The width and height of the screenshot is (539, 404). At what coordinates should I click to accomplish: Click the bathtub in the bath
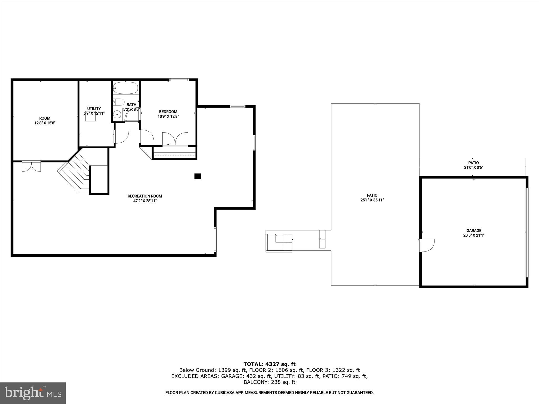click(x=125, y=88)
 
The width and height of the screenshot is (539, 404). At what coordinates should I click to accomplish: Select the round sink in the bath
click(x=117, y=115)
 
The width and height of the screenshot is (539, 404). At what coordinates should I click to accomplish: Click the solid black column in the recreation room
click(x=198, y=176)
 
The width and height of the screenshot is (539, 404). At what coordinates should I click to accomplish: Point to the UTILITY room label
click(x=94, y=109)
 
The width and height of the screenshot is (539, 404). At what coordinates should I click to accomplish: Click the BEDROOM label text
click(x=168, y=112)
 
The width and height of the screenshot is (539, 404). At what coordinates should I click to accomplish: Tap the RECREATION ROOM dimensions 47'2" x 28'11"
click(x=145, y=201)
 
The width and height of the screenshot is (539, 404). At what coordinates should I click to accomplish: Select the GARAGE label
click(x=474, y=231)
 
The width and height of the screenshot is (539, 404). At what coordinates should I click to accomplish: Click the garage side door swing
click(x=427, y=245)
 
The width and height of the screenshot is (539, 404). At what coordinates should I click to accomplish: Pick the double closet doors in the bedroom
click(x=175, y=139)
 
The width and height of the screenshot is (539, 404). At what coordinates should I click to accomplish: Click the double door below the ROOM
click(x=31, y=166)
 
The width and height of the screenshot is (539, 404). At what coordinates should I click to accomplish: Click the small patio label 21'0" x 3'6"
click(x=473, y=167)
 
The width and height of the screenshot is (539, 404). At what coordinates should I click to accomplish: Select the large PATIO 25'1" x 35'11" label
click(x=372, y=198)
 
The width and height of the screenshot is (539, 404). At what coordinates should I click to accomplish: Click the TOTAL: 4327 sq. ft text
click(x=269, y=364)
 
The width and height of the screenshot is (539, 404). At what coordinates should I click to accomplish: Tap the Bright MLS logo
click(x=33, y=393)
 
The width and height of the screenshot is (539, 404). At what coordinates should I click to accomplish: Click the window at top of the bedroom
click(x=179, y=80)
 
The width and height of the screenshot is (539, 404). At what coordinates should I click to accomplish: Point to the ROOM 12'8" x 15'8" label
click(x=45, y=120)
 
